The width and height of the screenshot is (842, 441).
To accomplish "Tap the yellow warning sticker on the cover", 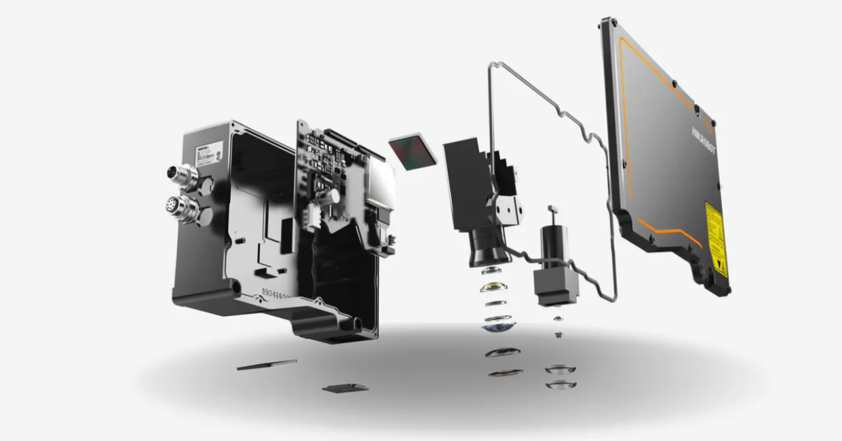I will pyautogui.click(x=715, y=237).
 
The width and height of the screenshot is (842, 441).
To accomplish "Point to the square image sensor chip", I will pyautogui.click(x=412, y=152).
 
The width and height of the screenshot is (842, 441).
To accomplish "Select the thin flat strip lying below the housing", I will pyautogui.click(x=266, y=364).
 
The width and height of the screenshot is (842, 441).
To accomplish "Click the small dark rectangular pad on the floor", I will pyautogui.click(x=345, y=387).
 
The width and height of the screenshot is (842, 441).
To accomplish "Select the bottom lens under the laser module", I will pyautogui.click(x=560, y=384).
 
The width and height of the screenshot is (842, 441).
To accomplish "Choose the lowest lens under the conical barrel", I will pyautogui.click(x=505, y=373).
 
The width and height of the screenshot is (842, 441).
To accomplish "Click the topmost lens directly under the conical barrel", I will pyautogui.click(x=495, y=271).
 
